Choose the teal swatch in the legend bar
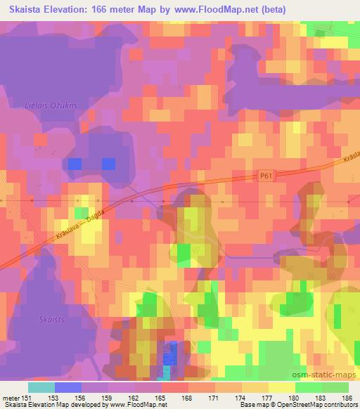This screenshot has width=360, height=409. coord(42,387)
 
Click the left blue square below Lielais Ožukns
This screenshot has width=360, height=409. coord(75,164)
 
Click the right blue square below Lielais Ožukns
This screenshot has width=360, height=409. coord(108,164)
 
